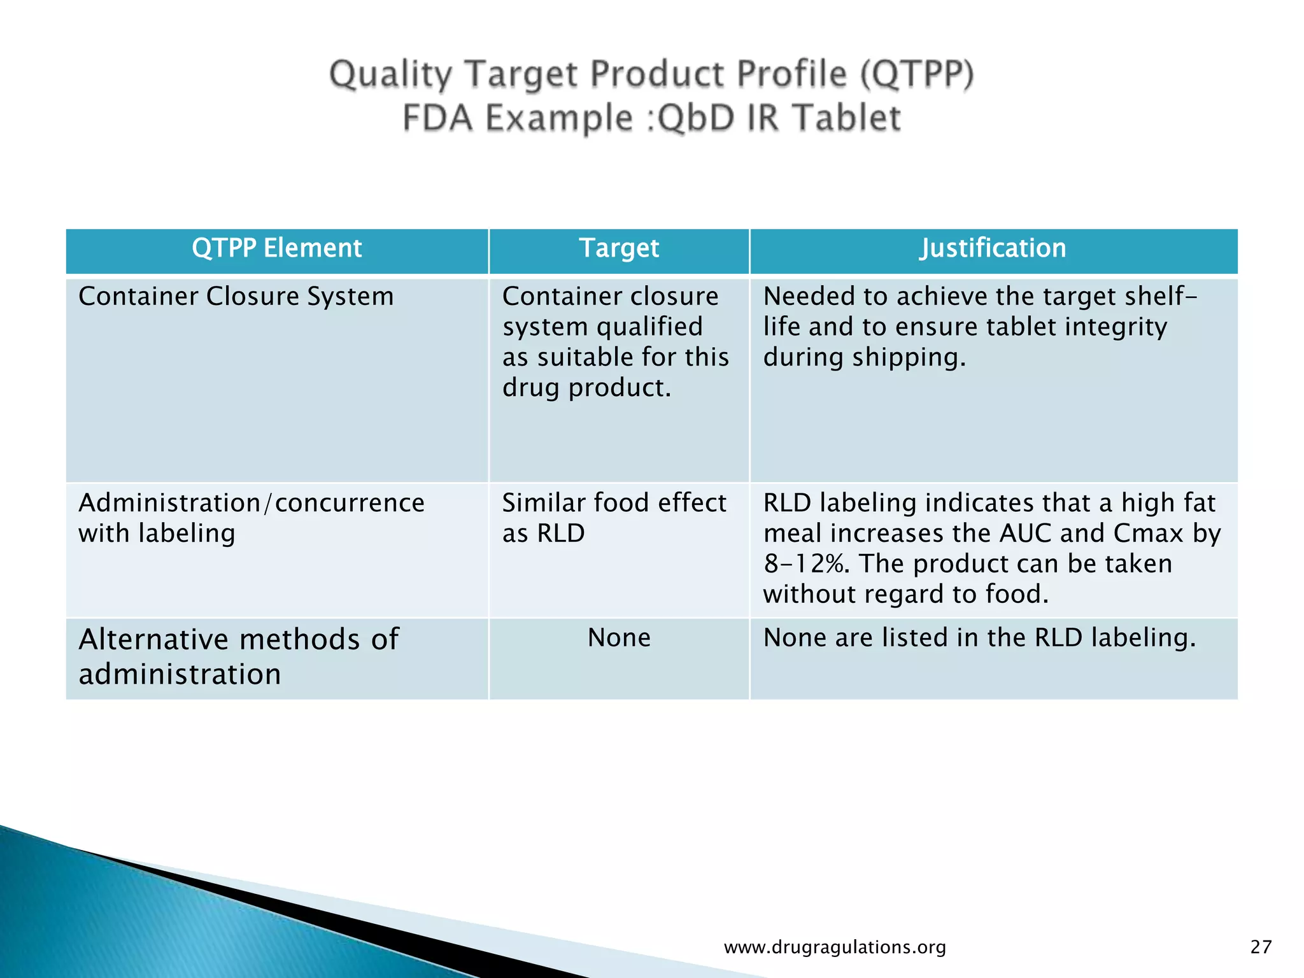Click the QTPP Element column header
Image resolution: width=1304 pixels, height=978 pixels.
(276, 248)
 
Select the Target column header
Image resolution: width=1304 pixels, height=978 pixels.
(619, 248)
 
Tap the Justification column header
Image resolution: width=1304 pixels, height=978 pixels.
(993, 248)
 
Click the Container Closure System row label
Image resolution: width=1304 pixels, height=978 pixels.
(236, 297)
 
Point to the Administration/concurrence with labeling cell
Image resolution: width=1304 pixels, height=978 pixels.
(251, 518)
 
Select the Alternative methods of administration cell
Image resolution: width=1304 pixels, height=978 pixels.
(238, 656)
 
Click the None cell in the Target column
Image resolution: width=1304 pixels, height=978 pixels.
(619, 638)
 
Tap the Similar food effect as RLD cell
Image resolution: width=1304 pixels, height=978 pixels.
(614, 518)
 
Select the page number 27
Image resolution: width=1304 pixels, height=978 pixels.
(1261, 947)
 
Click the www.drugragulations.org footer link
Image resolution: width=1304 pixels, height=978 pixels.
(835, 947)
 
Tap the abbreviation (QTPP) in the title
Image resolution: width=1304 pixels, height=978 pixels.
(917, 74)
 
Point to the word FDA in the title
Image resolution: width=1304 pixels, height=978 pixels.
(438, 118)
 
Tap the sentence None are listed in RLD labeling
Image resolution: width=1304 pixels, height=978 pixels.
(979, 638)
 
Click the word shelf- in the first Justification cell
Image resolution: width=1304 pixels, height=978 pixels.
(1161, 297)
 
